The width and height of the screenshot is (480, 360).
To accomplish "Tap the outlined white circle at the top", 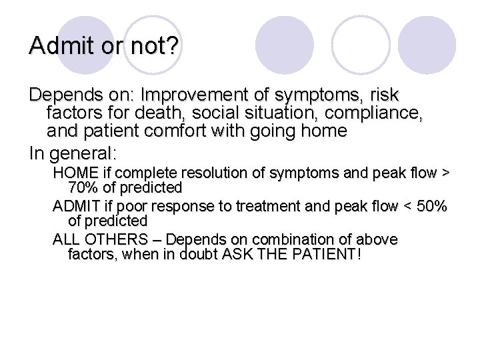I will pos(361,45).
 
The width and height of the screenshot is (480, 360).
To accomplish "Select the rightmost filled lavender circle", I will pos(427,45).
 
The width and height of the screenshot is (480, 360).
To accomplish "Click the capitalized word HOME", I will pos(74,173).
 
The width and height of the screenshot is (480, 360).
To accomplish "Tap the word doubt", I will pos(203,254).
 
